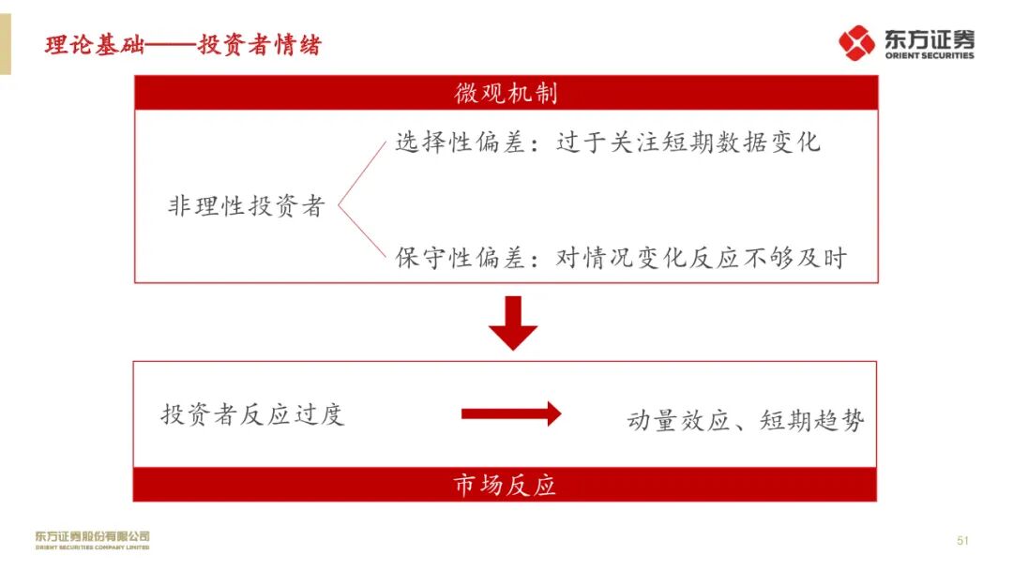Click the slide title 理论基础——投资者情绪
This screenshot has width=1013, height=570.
[183, 45]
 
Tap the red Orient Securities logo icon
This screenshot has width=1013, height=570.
[856, 43]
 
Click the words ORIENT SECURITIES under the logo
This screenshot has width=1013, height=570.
[929, 56]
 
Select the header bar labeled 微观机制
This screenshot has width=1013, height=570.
[506, 93]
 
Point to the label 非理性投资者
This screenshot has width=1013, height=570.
[246, 207]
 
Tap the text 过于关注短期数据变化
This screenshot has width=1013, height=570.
[688, 143]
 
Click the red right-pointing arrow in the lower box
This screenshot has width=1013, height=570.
[510, 413]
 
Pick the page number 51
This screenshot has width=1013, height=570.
[962, 541]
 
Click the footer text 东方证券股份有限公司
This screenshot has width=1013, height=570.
[92, 536]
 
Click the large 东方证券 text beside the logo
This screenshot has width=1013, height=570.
[928, 38]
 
